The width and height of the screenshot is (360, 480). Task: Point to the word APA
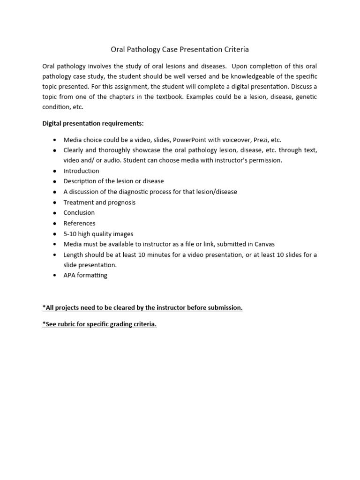click(x=70, y=275)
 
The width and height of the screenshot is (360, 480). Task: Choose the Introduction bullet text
click(x=81, y=171)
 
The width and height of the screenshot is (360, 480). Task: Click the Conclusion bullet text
click(x=79, y=213)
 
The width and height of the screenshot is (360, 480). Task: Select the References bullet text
click(x=79, y=223)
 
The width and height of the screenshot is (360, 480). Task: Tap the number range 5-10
click(x=71, y=234)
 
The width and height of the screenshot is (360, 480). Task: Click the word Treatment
click(x=78, y=202)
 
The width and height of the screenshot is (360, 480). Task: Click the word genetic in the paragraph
click(x=305, y=97)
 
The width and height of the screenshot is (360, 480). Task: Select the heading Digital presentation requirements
click(x=93, y=123)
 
